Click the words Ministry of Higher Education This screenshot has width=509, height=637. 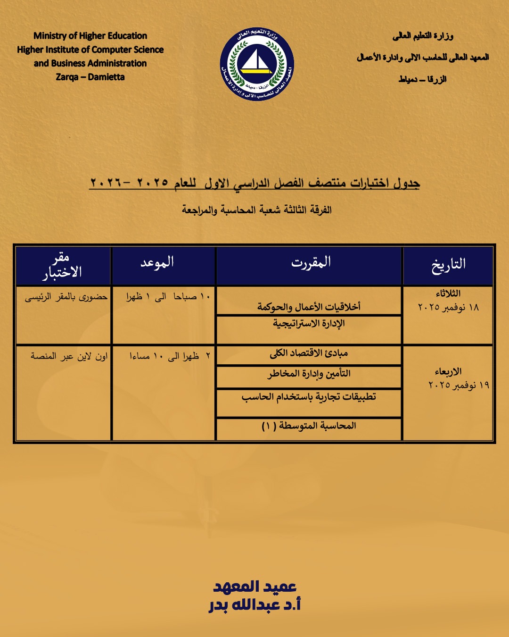[x=90, y=36]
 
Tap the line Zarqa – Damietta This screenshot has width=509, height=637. [x=90, y=77]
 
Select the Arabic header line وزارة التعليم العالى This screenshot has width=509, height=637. [x=423, y=36]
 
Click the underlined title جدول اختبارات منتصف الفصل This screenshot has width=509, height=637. [x=254, y=183]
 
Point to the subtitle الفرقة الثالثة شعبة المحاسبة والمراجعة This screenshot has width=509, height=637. [x=257, y=210]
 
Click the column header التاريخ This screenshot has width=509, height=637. [x=448, y=264]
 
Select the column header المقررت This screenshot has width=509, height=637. [x=311, y=262]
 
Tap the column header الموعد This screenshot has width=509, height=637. [x=157, y=262]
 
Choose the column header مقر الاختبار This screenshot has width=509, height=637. [x=62, y=265]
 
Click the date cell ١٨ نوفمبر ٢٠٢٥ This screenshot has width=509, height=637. [x=448, y=307]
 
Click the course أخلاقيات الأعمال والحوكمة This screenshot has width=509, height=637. [x=309, y=307]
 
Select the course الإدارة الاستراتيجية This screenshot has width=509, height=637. [x=309, y=324]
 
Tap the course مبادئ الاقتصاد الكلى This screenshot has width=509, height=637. [x=309, y=353]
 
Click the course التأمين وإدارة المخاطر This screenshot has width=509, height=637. [x=309, y=374]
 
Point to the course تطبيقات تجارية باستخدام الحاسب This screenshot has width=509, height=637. [x=309, y=397]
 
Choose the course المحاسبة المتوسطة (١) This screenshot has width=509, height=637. [x=309, y=426]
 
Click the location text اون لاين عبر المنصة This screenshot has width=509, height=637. [x=69, y=356]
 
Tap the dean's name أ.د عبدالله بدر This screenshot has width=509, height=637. [x=254, y=605]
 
